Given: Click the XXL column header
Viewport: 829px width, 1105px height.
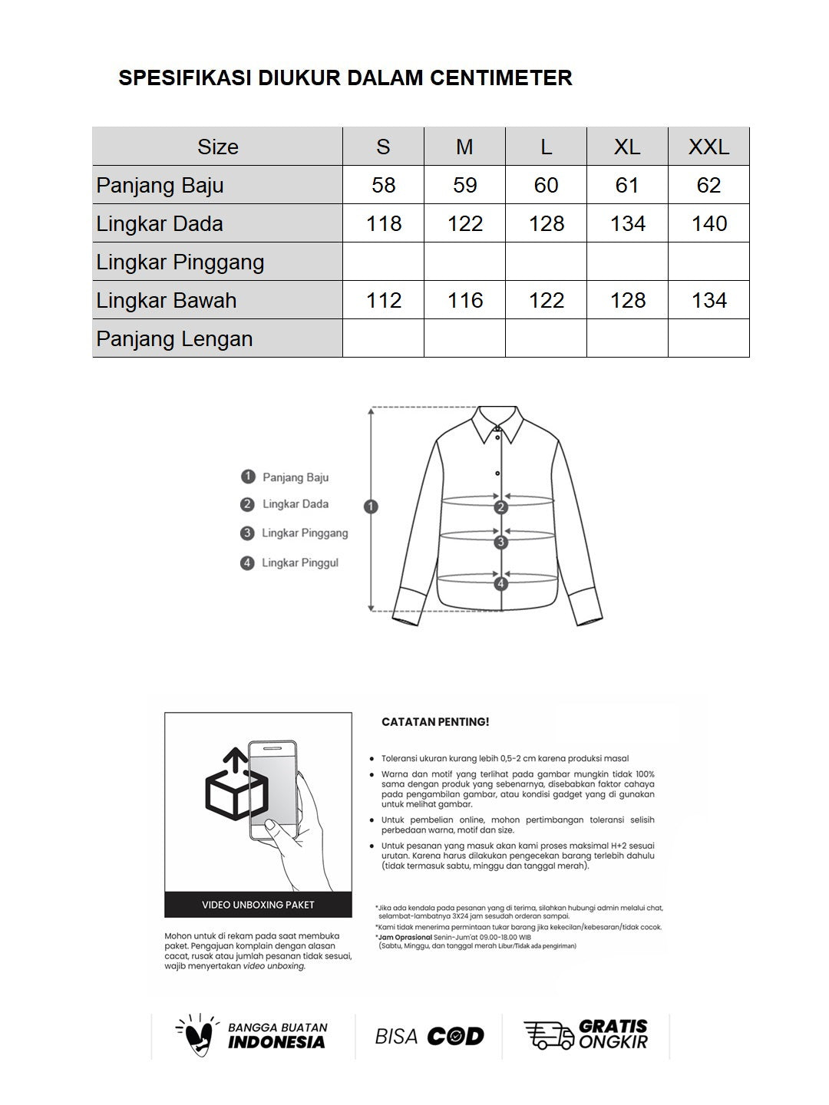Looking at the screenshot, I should point(708,147).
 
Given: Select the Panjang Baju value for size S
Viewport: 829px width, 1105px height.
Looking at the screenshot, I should point(383,185).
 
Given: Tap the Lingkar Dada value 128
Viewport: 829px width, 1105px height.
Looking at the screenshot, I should point(546,223).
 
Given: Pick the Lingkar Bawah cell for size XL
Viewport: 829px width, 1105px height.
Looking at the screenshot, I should point(627,300).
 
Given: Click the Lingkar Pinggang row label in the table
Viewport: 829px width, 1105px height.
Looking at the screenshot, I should point(180,262).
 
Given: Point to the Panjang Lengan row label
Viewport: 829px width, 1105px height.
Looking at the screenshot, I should point(174,338).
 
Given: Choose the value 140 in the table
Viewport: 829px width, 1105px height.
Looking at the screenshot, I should point(708,223).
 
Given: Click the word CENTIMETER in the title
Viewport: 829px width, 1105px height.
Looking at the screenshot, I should point(500,78).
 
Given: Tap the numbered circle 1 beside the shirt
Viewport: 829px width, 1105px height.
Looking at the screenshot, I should point(372,506).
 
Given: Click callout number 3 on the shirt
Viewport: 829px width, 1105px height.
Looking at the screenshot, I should point(501,543).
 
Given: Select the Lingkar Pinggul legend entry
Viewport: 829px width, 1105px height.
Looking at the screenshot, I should point(299,562).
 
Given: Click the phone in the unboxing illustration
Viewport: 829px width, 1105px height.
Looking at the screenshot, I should point(272,790).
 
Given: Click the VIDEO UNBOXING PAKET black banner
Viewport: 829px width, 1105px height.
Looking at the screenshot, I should point(258,905).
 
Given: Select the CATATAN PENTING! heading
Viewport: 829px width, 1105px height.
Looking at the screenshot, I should point(435,722).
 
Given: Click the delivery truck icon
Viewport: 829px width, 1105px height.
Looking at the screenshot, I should point(548,1035).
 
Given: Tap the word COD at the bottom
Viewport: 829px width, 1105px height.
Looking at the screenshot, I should point(455,1037).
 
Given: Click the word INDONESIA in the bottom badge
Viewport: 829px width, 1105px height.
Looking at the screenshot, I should point(276,1042).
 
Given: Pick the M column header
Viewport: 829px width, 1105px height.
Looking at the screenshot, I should point(464,147).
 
